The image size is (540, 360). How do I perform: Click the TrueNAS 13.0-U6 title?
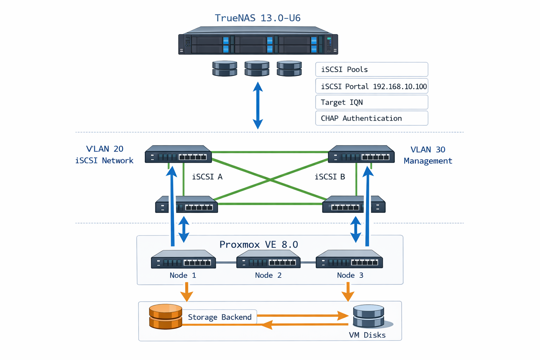tap(257, 18)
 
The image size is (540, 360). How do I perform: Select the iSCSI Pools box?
tap(371, 70)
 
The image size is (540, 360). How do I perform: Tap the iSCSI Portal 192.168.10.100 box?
tap(371, 86)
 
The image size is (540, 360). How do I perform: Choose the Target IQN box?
tap(371, 102)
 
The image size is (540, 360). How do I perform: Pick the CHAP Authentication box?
tap(371, 118)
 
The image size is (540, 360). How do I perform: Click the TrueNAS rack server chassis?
tap(258, 41)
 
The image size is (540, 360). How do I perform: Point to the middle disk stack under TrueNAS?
tap(257, 69)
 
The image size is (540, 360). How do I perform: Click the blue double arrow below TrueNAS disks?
tap(258, 105)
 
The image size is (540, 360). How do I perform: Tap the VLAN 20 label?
tap(105, 149)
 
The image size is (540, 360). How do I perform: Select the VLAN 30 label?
tap(428, 150)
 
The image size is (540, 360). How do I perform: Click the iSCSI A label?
tap(207, 177)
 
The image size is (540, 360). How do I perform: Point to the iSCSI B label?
tap(329, 177)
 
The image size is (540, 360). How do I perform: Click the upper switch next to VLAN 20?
tap(178, 154)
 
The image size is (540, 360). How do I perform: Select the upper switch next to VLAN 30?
tap(361, 154)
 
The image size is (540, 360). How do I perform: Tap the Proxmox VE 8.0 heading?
tap(258, 244)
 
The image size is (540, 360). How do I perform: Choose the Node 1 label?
tap(183, 275)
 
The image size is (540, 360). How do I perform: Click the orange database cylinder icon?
tap(166, 316)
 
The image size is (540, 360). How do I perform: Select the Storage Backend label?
tap(220, 317)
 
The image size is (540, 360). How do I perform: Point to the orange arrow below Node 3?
tap(348, 292)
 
